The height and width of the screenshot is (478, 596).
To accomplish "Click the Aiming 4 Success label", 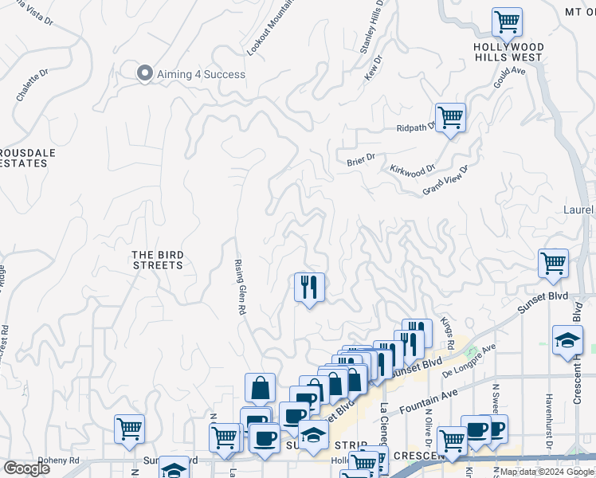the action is tap(201, 74).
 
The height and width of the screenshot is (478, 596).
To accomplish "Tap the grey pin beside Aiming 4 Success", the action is tap(145, 73).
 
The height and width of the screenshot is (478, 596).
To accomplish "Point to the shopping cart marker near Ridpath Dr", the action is tap(450, 119).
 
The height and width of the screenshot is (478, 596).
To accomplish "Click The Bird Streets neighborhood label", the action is tap(158, 260).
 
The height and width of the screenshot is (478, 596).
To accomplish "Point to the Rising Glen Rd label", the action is tap(238, 286).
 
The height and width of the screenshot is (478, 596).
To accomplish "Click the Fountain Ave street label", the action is tap(429, 394).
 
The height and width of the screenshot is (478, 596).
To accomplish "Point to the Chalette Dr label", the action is tap(32, 84).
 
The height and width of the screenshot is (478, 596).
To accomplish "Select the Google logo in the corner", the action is tap(26, 468).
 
